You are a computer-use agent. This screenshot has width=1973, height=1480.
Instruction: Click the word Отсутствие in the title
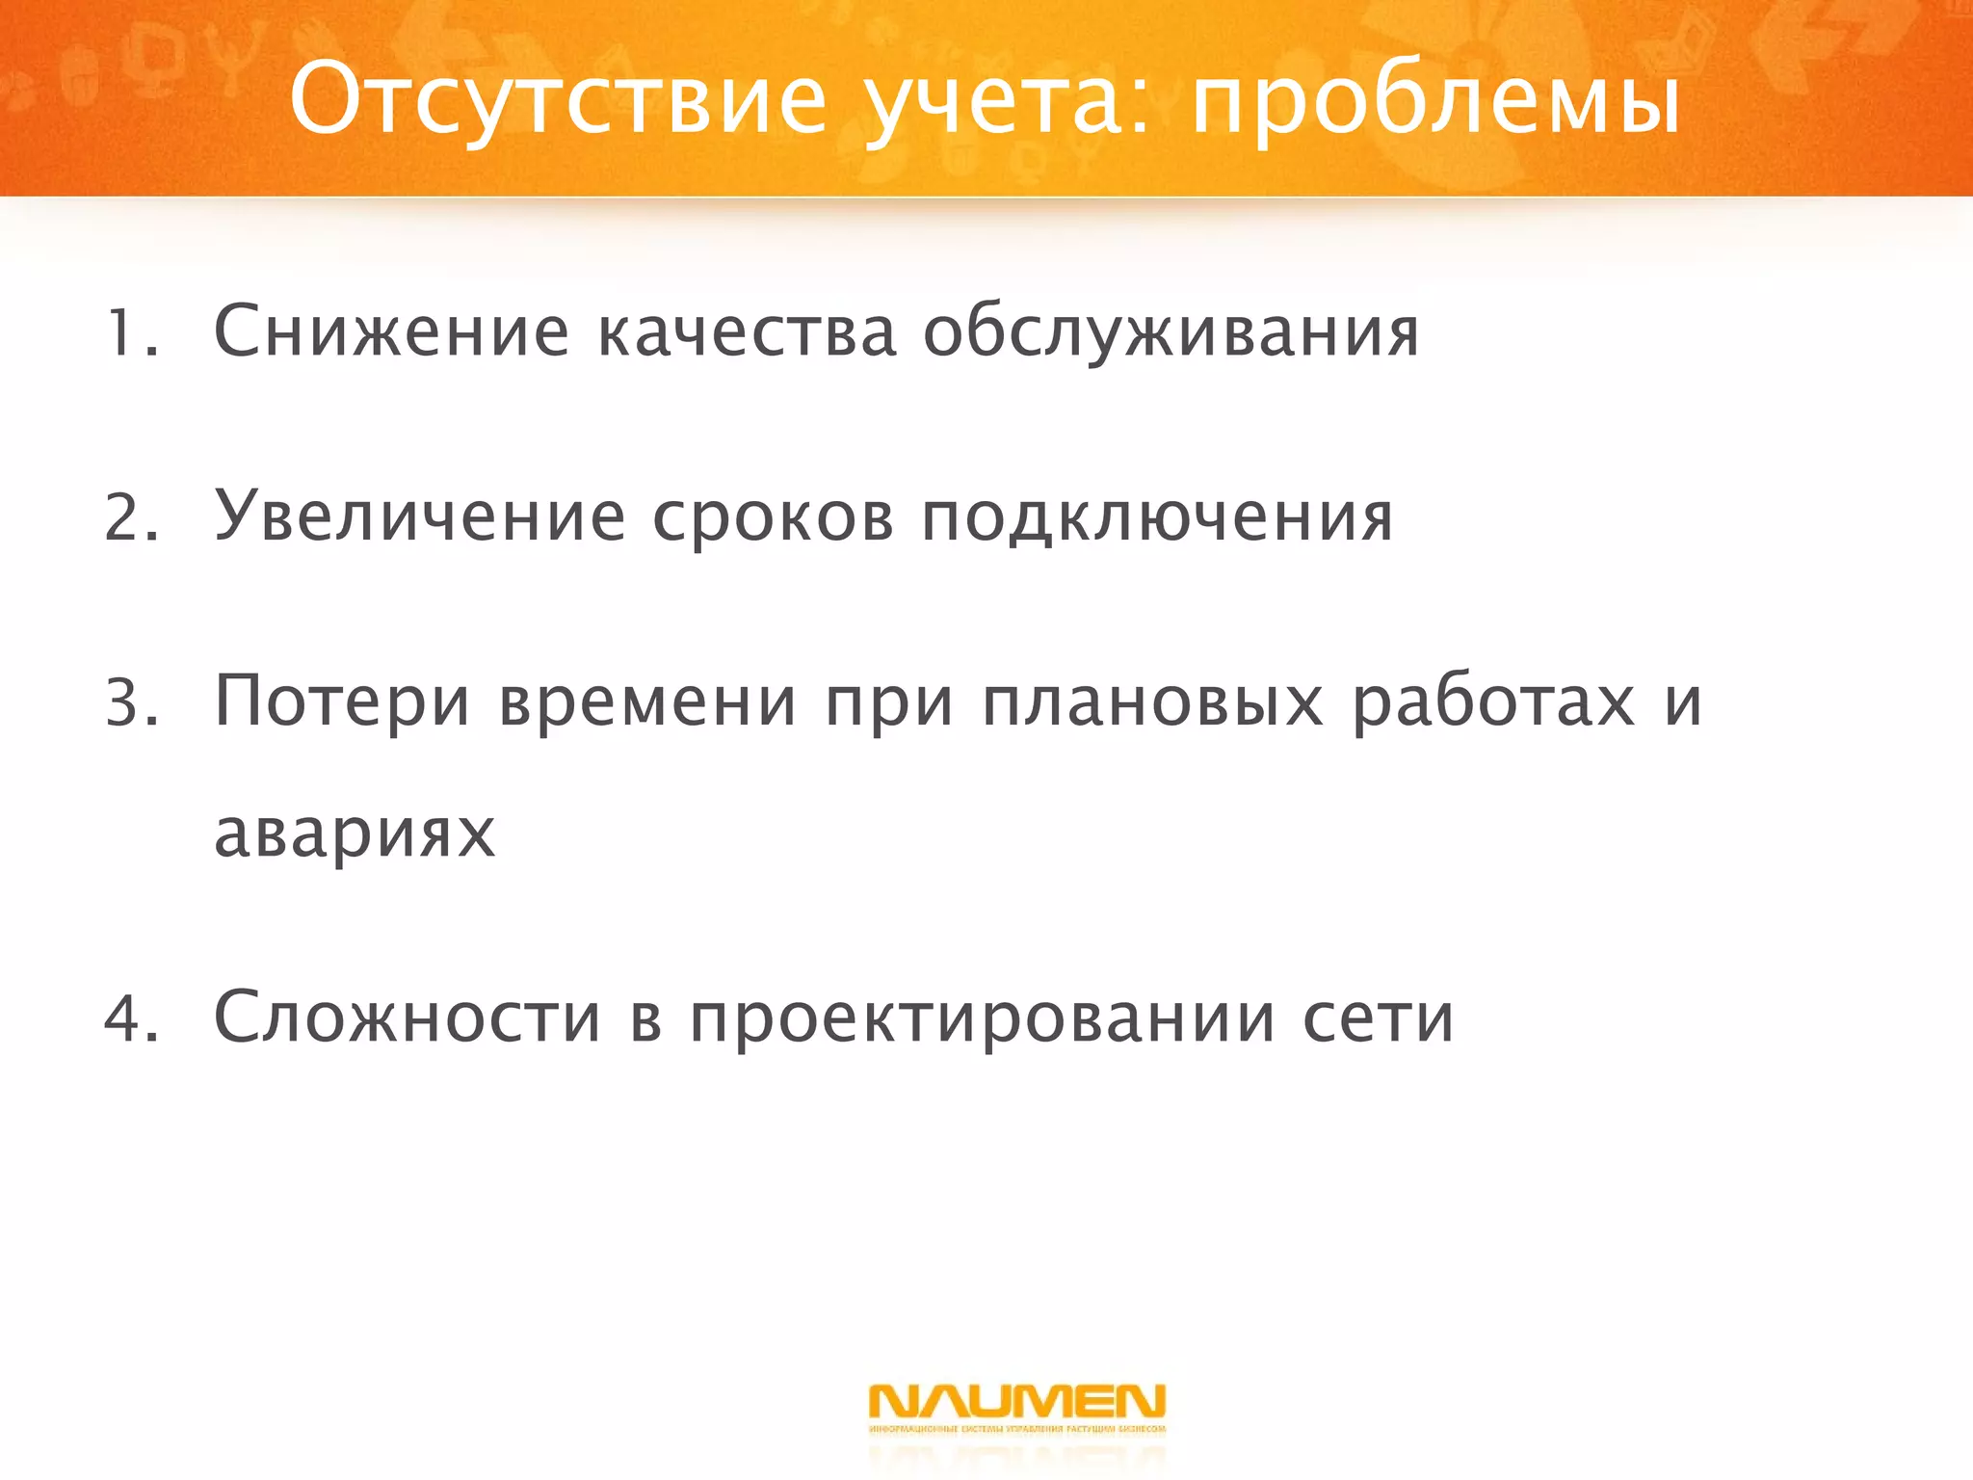pyautogui.click(x=558, y=100)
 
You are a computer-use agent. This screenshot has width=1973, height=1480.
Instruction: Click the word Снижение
pyautogui.click(x=391, y=332)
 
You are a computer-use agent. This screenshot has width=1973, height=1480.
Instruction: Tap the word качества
pyautogui.click(x=747, y=332)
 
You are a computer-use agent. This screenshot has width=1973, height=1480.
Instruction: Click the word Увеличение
pyautogui.click(x=419, y=517)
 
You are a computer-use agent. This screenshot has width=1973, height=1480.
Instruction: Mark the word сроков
pyautogui.click(x=773, y=519)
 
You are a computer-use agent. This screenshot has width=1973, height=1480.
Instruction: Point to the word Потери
pyautogui.click(x=342, y=703)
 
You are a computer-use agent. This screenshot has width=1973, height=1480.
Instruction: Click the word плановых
pyautogui.click(x=1152, y=703)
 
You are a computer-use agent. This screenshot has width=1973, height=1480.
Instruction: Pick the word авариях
pyautogui.click(x=354, y=834)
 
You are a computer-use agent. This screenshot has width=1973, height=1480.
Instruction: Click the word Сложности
pyautogui.click(x=408, y=1017)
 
